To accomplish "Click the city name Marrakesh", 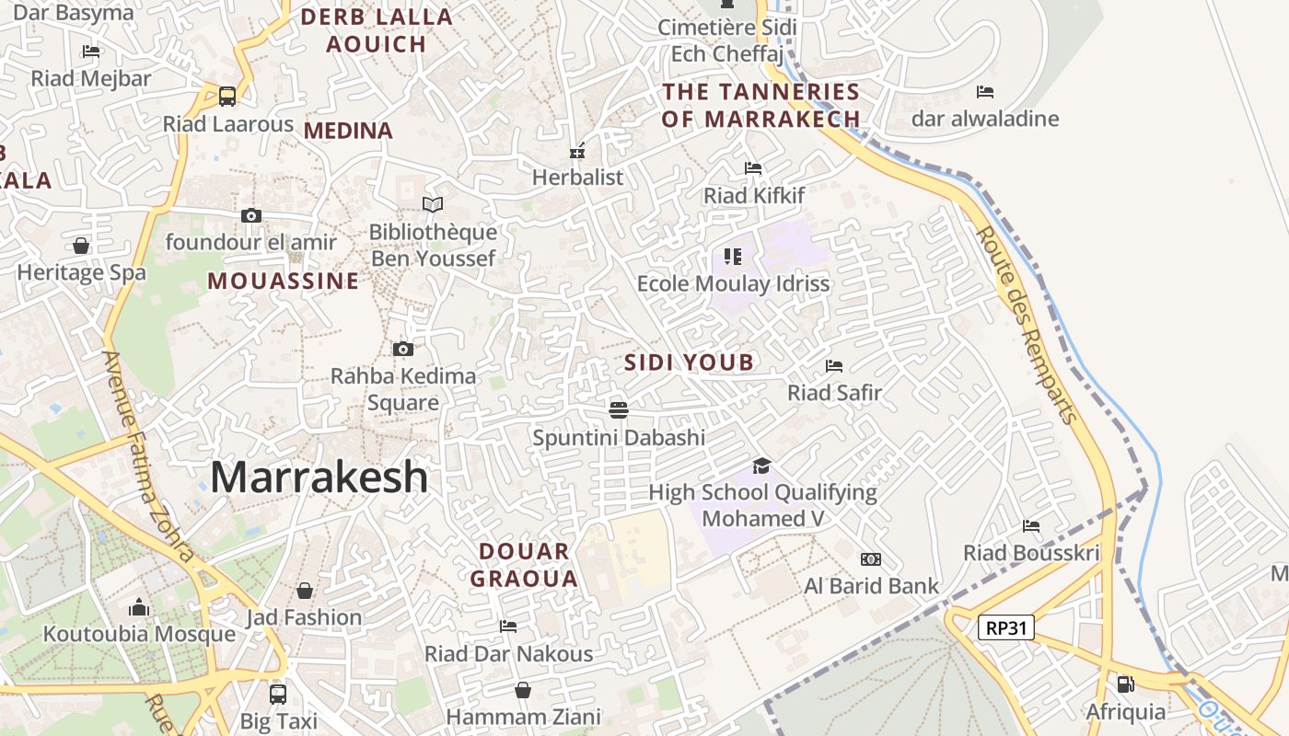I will (x=319, y=477).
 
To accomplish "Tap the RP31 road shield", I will (x=1006, y=628).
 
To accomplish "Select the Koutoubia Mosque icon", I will (x=139, y=607).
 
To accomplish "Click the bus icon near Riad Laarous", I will (x=226, y=96).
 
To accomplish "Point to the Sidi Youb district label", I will (x=689, y=362).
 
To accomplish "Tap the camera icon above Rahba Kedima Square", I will (x=402, y=349).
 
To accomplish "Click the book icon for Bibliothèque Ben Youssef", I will (x=432, y=204).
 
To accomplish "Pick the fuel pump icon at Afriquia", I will (x=1125, y=684).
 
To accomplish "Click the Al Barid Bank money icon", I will (x=870, y=559).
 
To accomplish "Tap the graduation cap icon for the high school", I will (x=761, y=466).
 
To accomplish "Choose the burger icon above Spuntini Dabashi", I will (x=619, y=409).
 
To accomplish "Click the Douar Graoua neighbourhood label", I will (x=524, y=565).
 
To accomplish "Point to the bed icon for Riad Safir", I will (x=834, y=366).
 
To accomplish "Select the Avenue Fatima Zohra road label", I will (x=147, y=455).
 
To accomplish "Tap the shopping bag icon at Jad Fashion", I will (x=305, y=591).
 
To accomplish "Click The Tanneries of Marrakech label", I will (x=761, y=105).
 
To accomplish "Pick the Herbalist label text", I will (x=577, y=177).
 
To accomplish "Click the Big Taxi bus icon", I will (x=277, y=694).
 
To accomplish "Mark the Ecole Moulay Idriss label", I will (x=733, y=283).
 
